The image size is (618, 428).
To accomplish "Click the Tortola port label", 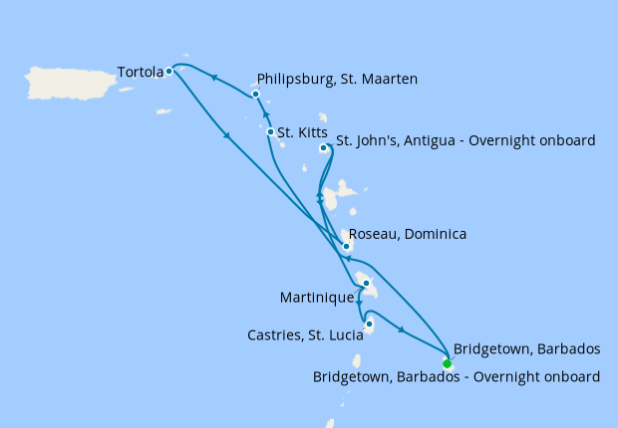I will (140, 72).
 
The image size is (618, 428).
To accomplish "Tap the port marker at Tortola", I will (169, 71).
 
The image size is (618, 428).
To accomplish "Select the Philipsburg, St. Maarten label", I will (337, 79).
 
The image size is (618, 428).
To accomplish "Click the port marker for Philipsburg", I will (256, 95).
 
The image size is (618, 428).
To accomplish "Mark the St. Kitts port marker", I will (270, 131).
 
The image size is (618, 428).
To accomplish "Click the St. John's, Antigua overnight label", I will (465, 140).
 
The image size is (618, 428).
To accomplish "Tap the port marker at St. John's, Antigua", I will (323, 148).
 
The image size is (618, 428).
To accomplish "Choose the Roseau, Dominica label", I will (408, 234).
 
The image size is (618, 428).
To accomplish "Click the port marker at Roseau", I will (346, 246).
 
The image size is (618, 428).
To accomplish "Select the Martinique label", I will (317, 297).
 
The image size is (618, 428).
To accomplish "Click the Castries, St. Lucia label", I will (303, 335).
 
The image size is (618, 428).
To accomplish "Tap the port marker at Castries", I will (369, 323).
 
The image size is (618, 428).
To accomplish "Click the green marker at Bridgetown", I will (447, 363).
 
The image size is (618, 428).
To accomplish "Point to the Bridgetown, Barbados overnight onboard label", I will (457, 377).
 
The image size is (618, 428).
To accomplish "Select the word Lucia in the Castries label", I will (340, 335).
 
